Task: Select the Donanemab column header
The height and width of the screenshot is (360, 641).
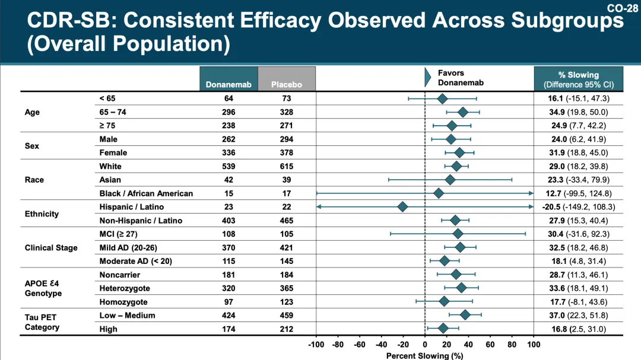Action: tap(229, 84)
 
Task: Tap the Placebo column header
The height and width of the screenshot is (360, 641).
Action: tap(287, 84)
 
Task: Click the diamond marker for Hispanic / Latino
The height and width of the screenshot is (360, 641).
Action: tap(402, 207)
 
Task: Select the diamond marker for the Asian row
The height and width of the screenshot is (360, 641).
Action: tap(450, 180)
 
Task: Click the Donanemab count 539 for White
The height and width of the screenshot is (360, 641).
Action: tap(229, 166)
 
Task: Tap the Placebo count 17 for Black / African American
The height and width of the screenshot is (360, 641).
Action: tap(287, 193)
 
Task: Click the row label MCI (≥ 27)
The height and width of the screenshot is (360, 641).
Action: tap(119, 234)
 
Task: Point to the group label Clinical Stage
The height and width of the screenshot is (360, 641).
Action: tap(51, 248)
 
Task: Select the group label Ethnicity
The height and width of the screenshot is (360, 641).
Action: tap(42, 214)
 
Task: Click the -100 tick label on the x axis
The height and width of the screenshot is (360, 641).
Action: tap(316, 344)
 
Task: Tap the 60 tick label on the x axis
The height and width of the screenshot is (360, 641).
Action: tap(490, 344)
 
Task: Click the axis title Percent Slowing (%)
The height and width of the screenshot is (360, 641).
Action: tap(424, 356)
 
